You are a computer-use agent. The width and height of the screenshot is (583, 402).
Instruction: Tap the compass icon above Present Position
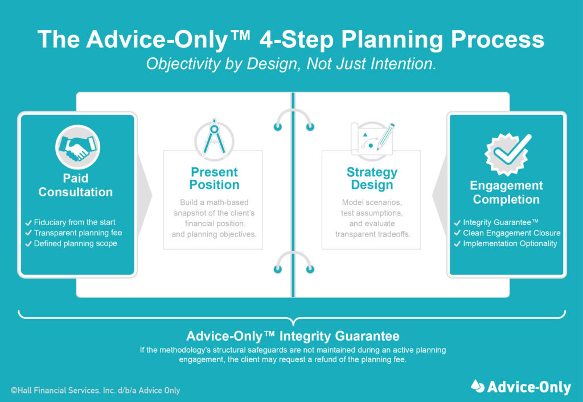[214, 139]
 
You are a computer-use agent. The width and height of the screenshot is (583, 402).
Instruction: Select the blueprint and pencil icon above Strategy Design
[372, 139]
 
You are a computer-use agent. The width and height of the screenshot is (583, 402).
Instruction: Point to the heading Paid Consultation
[76, 185]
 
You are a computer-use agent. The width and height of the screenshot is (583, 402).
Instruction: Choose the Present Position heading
[215, 178]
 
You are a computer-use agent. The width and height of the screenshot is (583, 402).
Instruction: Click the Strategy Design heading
[372, 178]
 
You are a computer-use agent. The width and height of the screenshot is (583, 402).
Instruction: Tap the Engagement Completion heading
[506, 192]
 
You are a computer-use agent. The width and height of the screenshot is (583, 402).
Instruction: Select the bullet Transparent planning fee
[77, 233]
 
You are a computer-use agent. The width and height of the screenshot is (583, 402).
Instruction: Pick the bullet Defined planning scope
[75, 243]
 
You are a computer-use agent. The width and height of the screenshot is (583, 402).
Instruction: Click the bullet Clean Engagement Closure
[511, 233]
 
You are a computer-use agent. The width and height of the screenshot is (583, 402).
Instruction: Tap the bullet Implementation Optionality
[510, 243]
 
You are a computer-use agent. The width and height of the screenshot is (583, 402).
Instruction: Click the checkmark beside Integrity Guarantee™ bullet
[457, 222]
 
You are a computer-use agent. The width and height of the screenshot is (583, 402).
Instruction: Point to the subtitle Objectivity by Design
[291, 64]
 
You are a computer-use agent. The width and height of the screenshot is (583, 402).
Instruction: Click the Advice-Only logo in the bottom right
[521, 387]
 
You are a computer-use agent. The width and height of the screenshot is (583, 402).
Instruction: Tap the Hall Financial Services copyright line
[96, 390]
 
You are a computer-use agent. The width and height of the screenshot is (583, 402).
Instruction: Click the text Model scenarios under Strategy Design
[371, 202]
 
